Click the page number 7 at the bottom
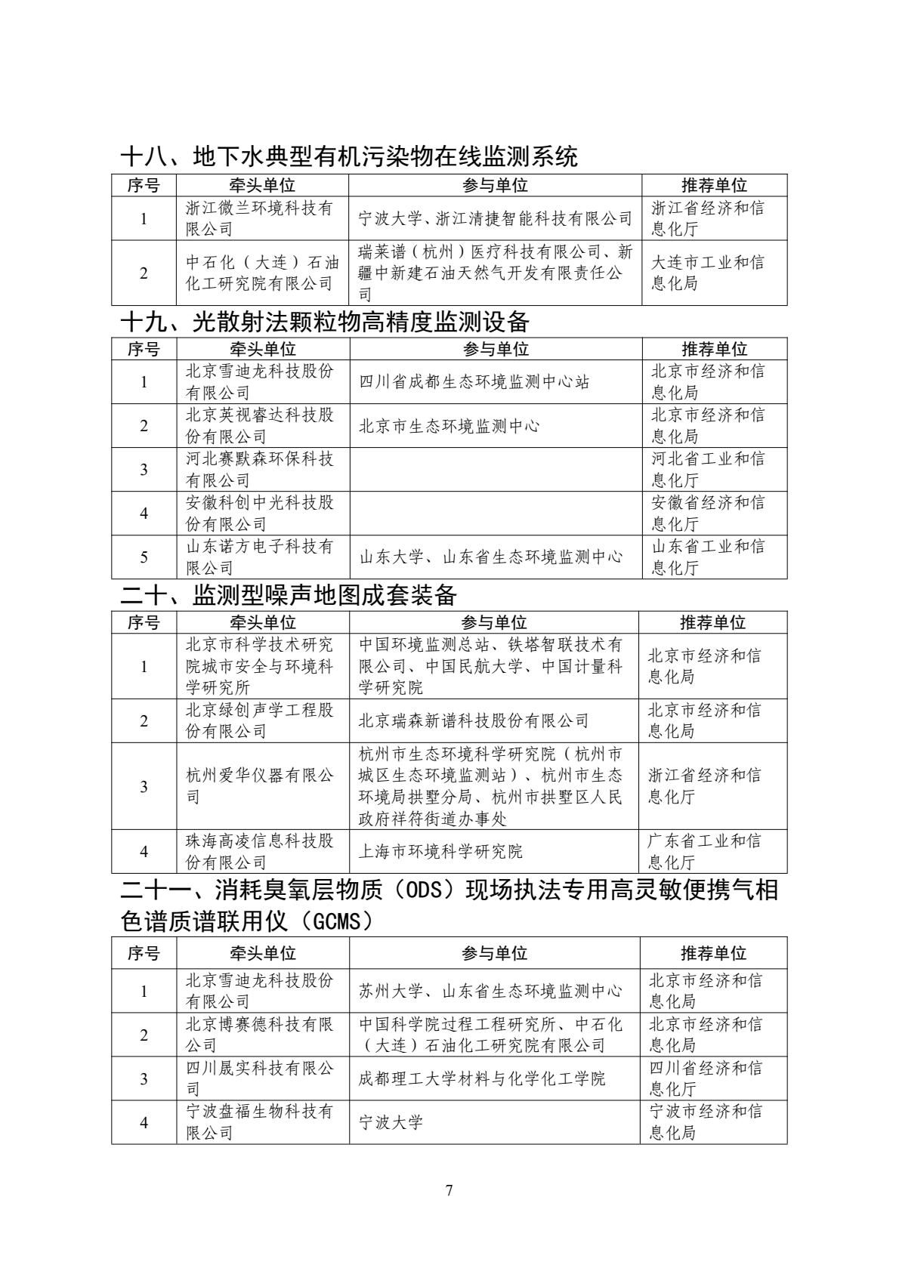449,1191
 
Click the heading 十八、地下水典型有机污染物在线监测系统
349,156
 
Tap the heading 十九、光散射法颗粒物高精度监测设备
325,322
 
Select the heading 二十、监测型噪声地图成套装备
289,595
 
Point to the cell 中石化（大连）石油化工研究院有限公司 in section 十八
262,273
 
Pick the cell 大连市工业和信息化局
707,273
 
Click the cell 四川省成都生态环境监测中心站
474,381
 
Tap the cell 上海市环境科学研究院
440,851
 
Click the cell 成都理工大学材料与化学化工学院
482,1078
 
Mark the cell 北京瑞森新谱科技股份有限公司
474,720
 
